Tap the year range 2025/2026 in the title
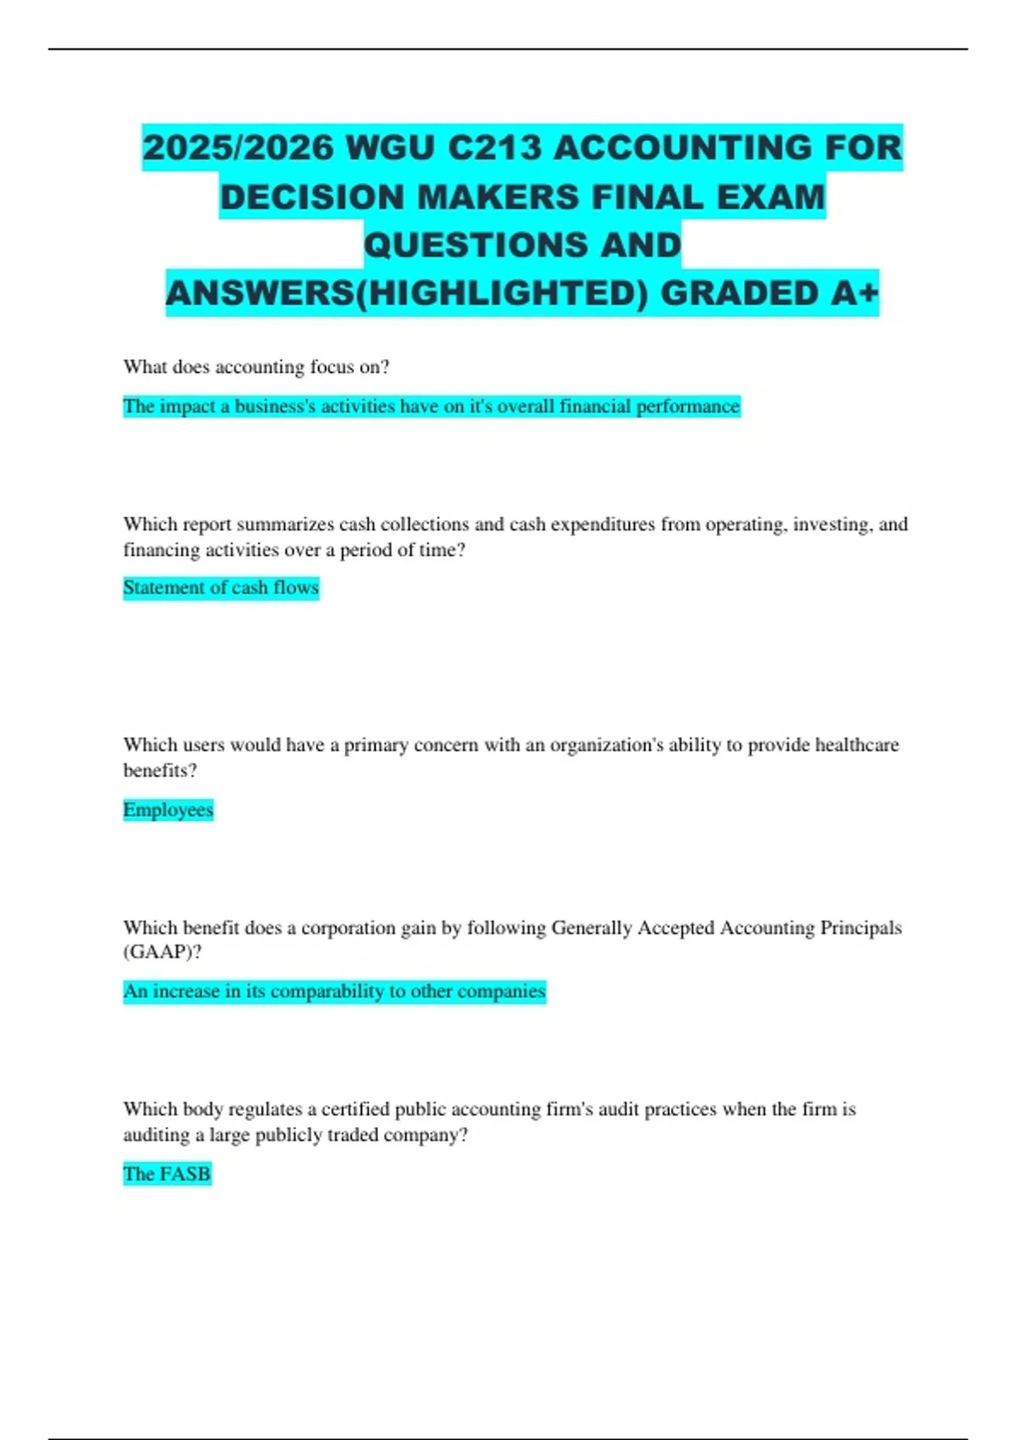(238, 148)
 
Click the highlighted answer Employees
(168, 810)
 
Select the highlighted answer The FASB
(167, 1174)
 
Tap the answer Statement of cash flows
(221, 588)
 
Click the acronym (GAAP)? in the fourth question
(163, 952)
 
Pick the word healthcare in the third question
(856, 745)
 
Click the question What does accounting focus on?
(256, 367)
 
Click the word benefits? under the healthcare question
(160, 771)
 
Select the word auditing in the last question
(156, 1135)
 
